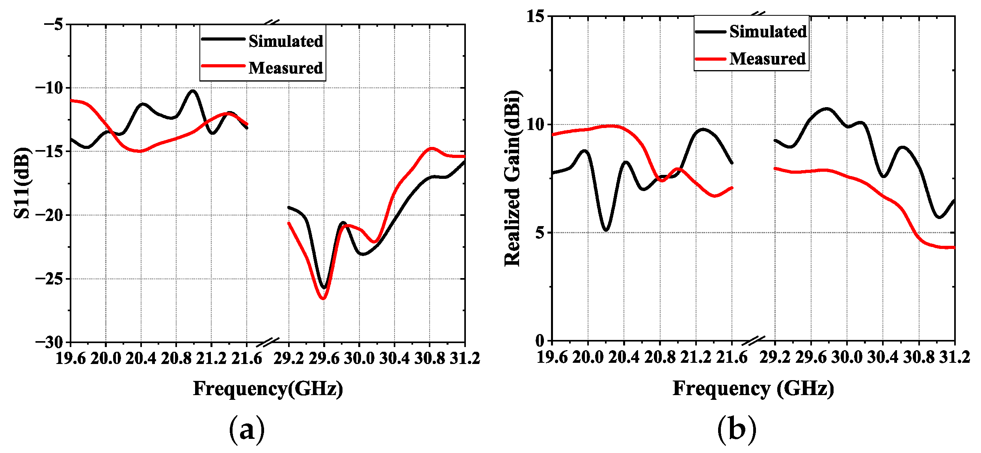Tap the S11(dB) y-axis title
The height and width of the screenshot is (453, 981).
click(22, 183)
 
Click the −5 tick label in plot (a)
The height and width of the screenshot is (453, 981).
click(53, 24)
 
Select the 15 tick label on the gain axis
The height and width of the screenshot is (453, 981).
click(535, 17)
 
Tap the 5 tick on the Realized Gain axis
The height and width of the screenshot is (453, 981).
click(540, 233)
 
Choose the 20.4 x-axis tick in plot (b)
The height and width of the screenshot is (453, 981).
click(624, 357)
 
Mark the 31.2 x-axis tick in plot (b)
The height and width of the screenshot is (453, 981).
click(955, 357)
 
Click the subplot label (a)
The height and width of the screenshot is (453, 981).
click(247, 429)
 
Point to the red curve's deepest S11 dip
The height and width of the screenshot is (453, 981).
click(323, 298)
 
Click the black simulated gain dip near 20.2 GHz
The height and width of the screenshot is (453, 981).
click(606, 230)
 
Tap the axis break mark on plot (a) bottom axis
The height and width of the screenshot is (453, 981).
click(268, 342)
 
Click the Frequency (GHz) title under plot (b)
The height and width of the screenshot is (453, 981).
click(753, 388)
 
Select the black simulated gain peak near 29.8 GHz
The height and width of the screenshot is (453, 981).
click(827, 109)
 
